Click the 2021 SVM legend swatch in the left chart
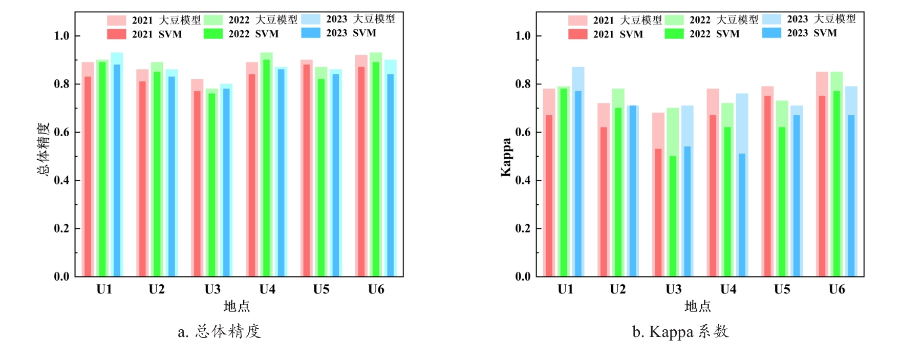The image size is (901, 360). pos(116,34)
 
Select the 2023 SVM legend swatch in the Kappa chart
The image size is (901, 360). pos(771,33)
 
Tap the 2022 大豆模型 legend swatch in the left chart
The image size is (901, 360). pos(213,20)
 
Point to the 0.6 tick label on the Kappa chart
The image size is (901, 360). pos(523,132)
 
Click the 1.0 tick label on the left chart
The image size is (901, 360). pos(61,36)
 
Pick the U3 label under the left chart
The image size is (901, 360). pos(212,289)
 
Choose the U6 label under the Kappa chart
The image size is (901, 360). pos(836,289)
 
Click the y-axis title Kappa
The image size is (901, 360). pos(506,157)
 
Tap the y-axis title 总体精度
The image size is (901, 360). pos(44,149)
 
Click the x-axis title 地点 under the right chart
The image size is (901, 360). pos(697,306)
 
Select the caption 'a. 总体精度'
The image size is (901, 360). pos(219,332)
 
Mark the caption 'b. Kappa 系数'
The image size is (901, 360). pos(680,332)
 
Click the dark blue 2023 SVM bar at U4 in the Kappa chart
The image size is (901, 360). pos(742,215)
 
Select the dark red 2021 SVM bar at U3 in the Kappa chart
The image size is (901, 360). pos(658,213)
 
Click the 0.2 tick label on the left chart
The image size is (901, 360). pos(61,228)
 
